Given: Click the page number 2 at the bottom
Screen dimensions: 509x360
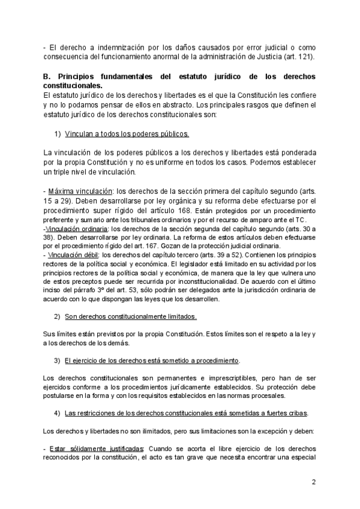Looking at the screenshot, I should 313,483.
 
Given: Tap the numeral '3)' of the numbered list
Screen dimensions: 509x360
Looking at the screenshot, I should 58,360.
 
